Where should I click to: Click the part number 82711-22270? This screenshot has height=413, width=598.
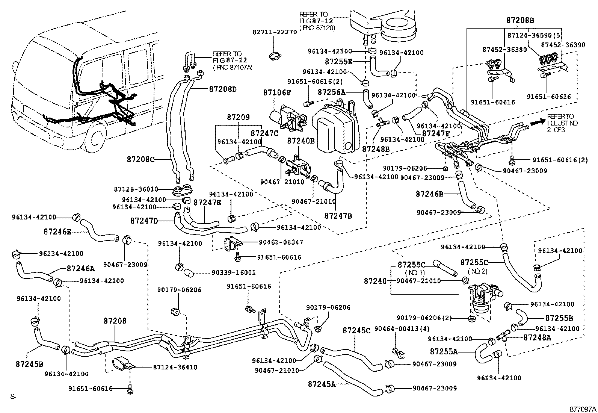click(x=275, y=32)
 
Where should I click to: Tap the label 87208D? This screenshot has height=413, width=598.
click(x=223, y=89)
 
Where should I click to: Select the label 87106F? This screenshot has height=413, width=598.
click(x=277, y=92)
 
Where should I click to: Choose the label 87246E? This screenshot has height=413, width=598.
click(x=57, y=231)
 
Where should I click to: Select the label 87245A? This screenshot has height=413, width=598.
click(x=321, y=384)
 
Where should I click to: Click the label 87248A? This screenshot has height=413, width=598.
click(x=537, y=337)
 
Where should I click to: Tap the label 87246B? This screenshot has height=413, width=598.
click(x=429, y=194)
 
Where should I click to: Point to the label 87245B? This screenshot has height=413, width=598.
click(x=29, y=364)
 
